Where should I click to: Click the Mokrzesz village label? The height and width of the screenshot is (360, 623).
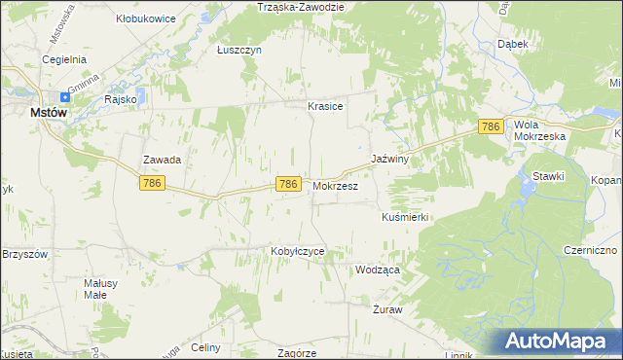(336, 184)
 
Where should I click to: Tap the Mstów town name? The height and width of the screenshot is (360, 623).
(48, 112)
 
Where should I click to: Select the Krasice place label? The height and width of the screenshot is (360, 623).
(325, 107)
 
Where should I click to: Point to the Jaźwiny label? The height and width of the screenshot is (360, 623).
(389, 158)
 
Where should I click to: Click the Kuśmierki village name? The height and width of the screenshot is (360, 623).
(405, 217)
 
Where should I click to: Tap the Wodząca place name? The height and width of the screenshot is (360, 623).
(378, 270)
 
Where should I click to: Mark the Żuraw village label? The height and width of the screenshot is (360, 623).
(387, 309)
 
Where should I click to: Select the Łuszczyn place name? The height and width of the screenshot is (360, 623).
(239, 51)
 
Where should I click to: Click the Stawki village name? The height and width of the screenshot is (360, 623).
(548, 176)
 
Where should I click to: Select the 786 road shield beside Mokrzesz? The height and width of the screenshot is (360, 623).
(287, 184)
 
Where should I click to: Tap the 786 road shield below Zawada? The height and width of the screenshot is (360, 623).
(151, 183)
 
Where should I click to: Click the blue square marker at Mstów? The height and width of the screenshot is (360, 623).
(65, 96)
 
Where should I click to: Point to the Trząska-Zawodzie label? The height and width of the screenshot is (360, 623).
(302, 7)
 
